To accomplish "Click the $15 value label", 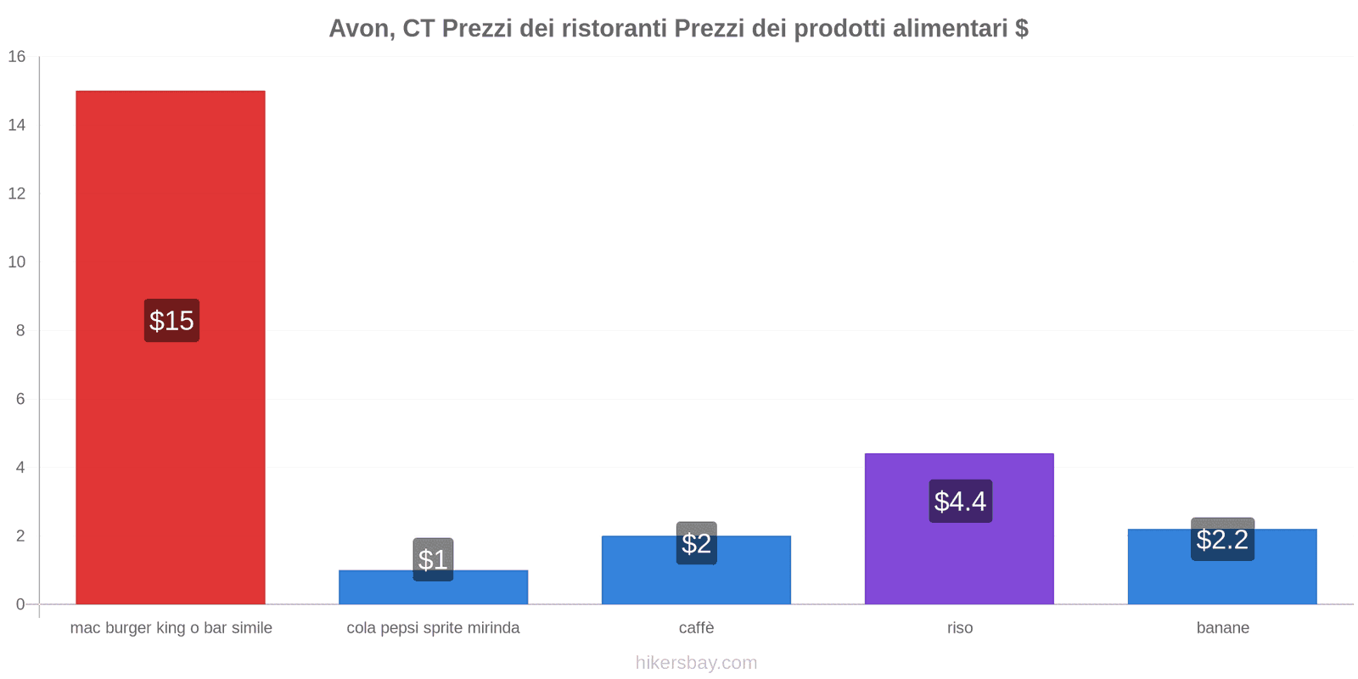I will pos(171,321).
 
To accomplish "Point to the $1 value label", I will pos(433,559).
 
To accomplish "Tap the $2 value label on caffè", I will pos(696,543).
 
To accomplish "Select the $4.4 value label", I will pos(960,501).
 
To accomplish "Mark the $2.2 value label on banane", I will pos(1222,539).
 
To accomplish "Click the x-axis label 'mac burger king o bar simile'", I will pos(171,628).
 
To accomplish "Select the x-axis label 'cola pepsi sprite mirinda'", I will pos(433,628).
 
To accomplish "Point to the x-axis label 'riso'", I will pos(960,628).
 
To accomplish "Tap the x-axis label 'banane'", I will pos(1222,628).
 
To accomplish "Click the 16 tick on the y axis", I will pos(17,57).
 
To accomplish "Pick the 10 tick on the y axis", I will pos(17,262).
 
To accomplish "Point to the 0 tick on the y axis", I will pos(20,604).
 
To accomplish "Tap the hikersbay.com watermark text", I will pos(696,663).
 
